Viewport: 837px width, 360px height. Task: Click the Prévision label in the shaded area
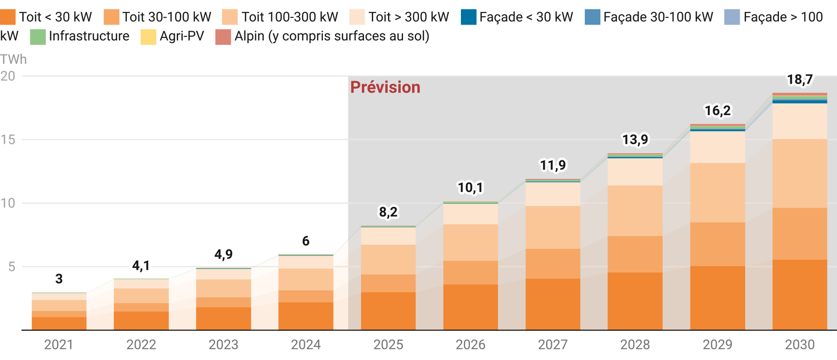tap(385, 87)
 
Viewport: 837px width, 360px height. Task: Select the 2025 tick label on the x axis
tap(388, 345)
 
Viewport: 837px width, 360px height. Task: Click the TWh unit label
tap(13, 59)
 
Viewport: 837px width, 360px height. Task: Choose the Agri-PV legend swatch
tap(148, 36)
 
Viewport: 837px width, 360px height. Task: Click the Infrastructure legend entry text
tap(89, 36)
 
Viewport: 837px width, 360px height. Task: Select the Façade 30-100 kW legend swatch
tap(592, 17)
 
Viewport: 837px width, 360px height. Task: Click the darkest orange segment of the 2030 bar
tap(800, 295)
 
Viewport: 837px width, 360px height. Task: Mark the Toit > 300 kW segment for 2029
tap(717, 147)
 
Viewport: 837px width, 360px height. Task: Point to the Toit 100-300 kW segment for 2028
tap(635, 210)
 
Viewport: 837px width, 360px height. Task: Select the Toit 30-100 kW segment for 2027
tap(552, 264)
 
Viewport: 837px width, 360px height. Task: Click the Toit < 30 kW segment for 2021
tap(59, 323)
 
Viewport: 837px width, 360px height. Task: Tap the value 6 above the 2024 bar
tap(306, 242)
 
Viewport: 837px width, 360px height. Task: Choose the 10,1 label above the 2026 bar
tap(470, 188)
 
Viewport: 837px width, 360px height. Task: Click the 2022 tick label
tap(141, 345)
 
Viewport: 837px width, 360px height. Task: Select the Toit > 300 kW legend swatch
tap(358, 17)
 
